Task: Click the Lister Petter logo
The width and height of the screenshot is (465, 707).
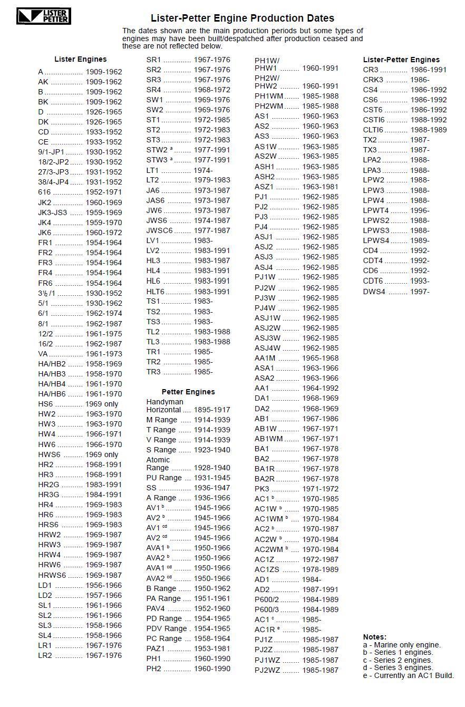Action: (x=44, y=16)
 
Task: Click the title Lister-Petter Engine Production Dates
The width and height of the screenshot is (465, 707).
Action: (x=243, y=18)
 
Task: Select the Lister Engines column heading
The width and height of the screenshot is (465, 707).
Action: (x=80, y=59)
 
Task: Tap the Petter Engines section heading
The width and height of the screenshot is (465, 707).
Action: (x=188, y=392)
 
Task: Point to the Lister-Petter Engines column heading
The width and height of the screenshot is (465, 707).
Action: (x=401, y=60)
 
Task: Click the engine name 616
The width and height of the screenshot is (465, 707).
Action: (x=44, y=192)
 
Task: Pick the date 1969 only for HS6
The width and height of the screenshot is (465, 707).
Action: (x=102, y=404)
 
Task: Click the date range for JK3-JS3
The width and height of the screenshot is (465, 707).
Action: (x=103, y=212)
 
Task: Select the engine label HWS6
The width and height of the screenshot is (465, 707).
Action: (x=50, y=454)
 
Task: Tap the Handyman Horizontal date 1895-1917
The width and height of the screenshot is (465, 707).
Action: (x=212, y=410)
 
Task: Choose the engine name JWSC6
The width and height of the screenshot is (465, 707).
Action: (x=159, y=230)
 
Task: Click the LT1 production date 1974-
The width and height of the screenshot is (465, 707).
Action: (x=203, y=170)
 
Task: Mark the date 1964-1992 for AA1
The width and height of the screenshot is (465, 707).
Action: (x=320, y=388)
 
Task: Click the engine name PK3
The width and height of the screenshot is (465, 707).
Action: (x=262, y=489)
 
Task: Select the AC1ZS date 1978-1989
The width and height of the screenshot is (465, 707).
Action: (x=320, y=569)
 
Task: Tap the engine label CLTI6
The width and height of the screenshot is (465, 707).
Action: (x=373, y=130)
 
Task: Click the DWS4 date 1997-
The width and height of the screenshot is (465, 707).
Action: (x=420, y=292)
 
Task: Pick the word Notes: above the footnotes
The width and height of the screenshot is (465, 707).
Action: (x=375, y=637)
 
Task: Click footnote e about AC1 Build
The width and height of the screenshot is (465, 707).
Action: (x=408, y=675)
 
